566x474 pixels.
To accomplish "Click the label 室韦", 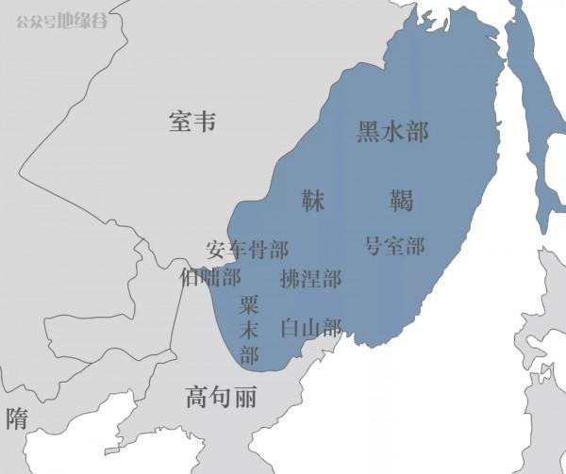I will tap(192, 123).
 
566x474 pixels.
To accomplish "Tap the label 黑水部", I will tap(392, 132).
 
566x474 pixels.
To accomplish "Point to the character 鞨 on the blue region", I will tap(401, 200).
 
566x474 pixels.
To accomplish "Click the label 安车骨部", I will tap(247, 250).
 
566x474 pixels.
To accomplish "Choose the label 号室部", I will tap(394, 247).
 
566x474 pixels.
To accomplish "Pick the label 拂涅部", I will tap(310, 279).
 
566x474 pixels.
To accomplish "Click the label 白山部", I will tap(310, 328).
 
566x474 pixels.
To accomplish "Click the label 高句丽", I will tap(221, 398).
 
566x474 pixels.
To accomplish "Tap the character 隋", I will tap(17, 419).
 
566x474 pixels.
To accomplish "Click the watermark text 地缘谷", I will tap(82, 19).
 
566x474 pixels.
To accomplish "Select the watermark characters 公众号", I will tap(35, 19).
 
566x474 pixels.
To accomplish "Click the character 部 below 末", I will tap(249, 355).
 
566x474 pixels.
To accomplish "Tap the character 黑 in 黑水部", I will tap(368, 132).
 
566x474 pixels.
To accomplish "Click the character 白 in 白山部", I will tap(291, 328).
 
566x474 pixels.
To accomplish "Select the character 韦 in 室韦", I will tap(205, 123).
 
